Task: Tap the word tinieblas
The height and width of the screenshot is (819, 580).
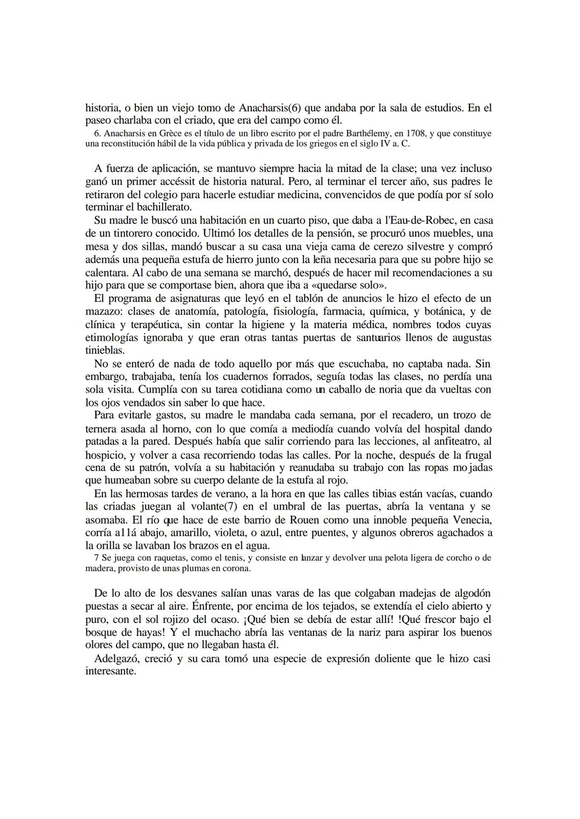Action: pos(105,350)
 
